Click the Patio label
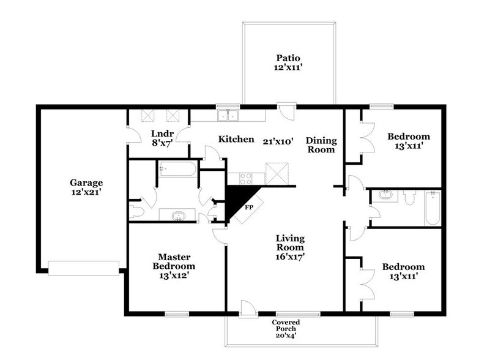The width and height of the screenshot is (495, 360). point(288,58)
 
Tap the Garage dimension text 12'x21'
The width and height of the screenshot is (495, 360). point(86,192)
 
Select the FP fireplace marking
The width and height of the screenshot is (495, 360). point(249,207)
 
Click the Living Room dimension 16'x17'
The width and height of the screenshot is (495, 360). point(290,257)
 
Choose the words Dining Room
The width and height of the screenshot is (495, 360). point(321,144)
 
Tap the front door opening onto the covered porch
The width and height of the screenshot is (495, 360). point(248,309)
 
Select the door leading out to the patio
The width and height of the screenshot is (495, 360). point(286,111)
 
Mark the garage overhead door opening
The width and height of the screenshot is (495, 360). point(83,268)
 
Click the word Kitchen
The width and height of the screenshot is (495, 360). point(236,139)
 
